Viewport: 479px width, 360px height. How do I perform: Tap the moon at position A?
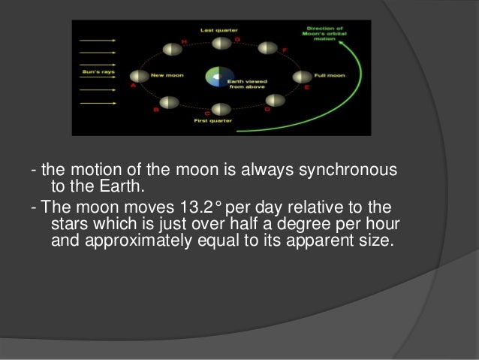pos(137,76)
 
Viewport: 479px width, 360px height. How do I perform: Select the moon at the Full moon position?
pos(300,77)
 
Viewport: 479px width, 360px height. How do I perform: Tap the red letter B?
pos(155,110)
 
